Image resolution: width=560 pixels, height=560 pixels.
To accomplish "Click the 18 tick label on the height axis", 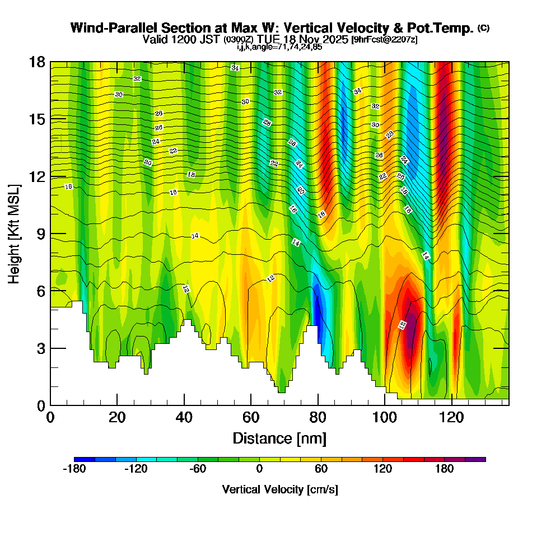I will (36, 62).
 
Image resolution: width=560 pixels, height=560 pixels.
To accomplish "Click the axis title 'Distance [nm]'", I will (279, 438).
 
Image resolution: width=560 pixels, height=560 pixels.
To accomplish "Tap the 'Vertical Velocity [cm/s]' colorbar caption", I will (280, 489).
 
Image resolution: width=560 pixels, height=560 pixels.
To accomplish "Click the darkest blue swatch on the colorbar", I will (85, 459).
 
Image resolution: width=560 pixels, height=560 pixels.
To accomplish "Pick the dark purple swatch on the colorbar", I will (475, 459).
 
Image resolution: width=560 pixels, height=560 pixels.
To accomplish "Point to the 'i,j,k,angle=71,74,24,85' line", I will (279, 47).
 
